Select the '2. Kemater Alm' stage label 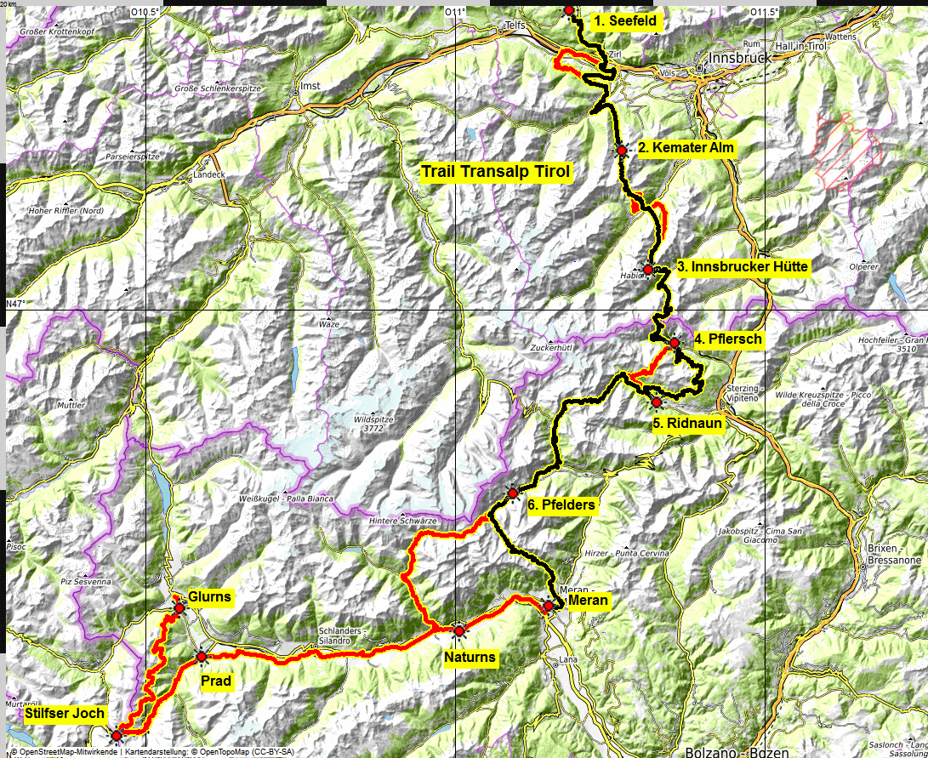point(686,148)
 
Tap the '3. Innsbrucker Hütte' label point(743,267)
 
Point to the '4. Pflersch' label point(728,339)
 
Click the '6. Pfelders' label point(561,505)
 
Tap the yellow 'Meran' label point(588,601)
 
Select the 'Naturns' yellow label point(470,658)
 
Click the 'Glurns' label point(209,597)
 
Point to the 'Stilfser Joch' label point(65,714)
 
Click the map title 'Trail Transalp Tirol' point(496,172)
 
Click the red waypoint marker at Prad point(201,657)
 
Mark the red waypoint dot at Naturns point(459,631)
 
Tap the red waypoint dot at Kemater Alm point(622,151)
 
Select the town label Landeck point(208,174)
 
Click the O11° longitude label point(457,12)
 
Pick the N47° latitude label point(16,304)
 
